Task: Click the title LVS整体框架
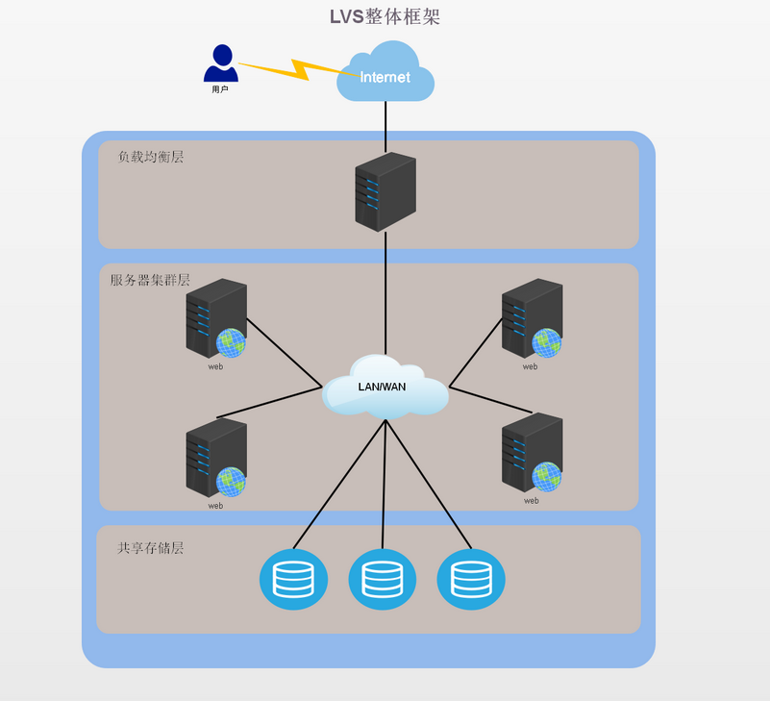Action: point(385,16)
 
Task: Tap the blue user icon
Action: point(221,63)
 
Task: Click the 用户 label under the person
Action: point(220,89)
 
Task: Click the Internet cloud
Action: point(385,74)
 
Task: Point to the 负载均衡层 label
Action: point(151,157)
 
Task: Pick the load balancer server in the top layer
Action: point(385,191)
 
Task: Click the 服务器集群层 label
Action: point(150,280)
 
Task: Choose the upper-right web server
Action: point(532,318)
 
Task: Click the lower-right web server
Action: point(532,453)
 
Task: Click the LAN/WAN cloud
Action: point(385,388)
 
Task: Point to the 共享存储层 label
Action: point(151,548)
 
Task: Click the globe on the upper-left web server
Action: point(231,342)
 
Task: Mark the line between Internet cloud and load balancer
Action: point(385,126)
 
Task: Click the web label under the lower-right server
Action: point(531,501)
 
